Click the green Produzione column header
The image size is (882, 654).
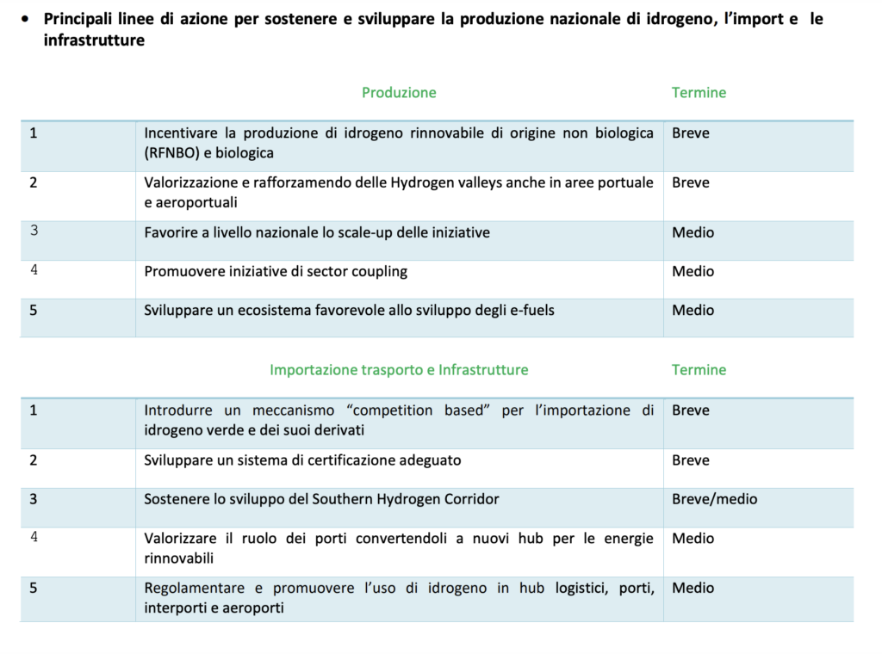[399, 93]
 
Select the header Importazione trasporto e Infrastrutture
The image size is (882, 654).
[399, 370]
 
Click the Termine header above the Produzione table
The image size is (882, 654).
[699, 93]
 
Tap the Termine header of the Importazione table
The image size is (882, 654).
[699, 370]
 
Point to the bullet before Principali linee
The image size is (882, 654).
[28, 19]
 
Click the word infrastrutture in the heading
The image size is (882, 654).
[94, 40]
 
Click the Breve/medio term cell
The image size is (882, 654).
[714, 499]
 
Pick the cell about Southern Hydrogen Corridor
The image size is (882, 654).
[321, 499]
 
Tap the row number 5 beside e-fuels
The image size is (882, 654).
[34, 310]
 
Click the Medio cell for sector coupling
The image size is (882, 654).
[693, 272]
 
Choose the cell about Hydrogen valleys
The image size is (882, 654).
[399, 193]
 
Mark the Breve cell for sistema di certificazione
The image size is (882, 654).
[691, 460]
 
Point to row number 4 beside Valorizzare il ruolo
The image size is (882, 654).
[34, 538]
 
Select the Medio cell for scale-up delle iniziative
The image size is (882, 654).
[693, 232]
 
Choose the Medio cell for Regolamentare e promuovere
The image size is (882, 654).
[693, 589]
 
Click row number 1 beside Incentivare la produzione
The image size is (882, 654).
[34, 133]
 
